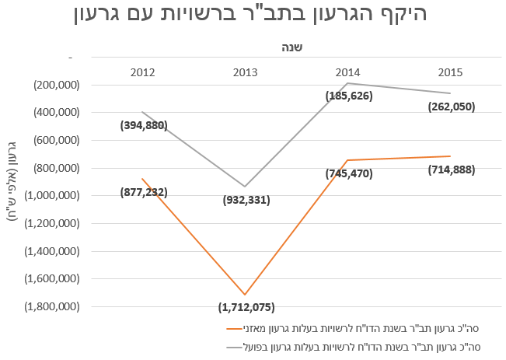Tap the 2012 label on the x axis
click(143, 72)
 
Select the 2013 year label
click(246, 72)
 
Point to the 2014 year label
click(348, 72)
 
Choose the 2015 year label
click(451, 72)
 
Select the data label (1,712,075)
click(246, 307)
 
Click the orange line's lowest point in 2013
click(246, 295)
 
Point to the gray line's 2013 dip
click(246, 187)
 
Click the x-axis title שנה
click(292, 46)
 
